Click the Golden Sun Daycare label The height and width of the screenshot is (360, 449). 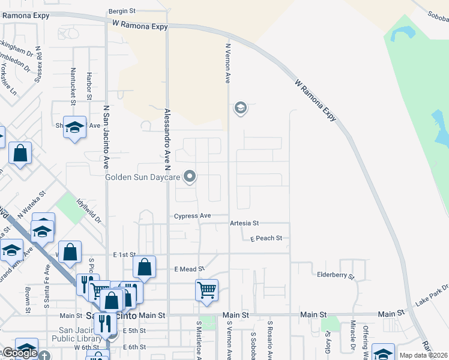coord(143,177)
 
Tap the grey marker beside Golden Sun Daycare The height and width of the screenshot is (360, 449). coord(190,176)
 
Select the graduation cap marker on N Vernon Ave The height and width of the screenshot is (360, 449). coord(240,108)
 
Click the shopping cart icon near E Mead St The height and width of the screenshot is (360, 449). coord(206,290)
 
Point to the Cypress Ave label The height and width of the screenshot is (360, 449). coord(192,216)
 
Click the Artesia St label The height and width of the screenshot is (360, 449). coord(244,223)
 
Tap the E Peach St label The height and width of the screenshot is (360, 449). coord(266,238)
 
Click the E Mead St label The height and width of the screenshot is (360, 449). coord(189,269)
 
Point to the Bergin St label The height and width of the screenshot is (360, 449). coord(123,11)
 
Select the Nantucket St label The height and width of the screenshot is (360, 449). coord(73,84)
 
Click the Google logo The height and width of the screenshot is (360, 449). coord(20,353)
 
